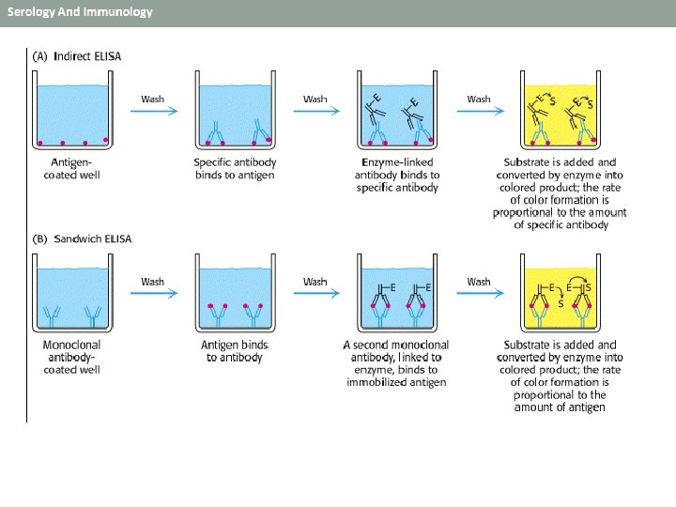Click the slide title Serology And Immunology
80,11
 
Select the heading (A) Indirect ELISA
77,56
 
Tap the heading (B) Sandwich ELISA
82,238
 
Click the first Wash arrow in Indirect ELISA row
154,111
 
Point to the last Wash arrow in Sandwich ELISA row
481,294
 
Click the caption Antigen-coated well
72,169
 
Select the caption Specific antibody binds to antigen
235,169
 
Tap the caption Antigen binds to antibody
235,351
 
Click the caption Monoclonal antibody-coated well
72,357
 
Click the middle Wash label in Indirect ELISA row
315,100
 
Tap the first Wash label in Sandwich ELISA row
153,282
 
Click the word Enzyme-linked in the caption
397,162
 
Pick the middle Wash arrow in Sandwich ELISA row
317,294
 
